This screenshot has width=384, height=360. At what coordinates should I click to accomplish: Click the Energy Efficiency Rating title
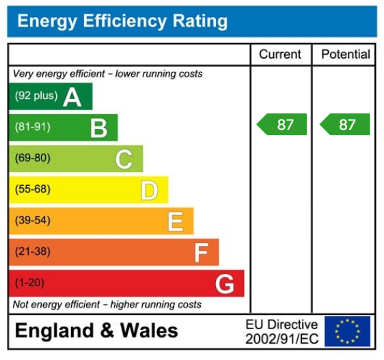tap(122, 21)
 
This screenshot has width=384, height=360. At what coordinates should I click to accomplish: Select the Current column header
tap(280, 55)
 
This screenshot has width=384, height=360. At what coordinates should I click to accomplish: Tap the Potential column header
tap(345, 55)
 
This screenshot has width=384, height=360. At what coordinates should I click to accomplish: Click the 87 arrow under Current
tap(282, 124)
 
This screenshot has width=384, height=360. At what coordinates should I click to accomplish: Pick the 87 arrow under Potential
tap(345, 124)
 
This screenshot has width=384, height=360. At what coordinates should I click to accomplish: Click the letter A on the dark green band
tap(72, 97)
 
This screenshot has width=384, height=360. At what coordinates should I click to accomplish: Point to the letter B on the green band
tap(98, 128)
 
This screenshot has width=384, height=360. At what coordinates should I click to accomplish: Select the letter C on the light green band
tap(124, 159)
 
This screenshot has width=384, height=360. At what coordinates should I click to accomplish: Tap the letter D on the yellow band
tap(149, 191)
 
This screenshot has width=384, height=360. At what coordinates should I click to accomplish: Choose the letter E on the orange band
tap(175, 221)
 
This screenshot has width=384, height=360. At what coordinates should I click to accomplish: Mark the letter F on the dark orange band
tap(200, 253)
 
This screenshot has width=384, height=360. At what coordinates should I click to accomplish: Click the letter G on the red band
tap(225, 283)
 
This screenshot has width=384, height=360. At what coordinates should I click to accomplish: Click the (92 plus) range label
tap(36, 96)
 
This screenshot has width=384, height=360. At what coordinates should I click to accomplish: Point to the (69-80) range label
tap(33, 158)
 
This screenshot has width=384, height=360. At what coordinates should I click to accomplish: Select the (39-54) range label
tap(33, 221)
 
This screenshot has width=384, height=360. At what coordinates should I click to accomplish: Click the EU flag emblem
tap(348, 331)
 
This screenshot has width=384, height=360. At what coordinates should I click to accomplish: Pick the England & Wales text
tap(96, 331)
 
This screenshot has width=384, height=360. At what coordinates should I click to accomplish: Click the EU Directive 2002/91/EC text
tap(282, 331)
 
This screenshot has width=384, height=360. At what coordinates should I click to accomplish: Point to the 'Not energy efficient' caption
tap(107, 304)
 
